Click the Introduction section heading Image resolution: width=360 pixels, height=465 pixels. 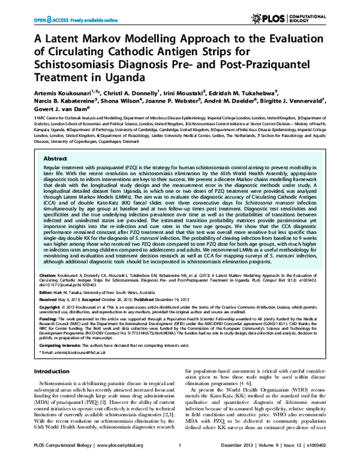55,371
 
